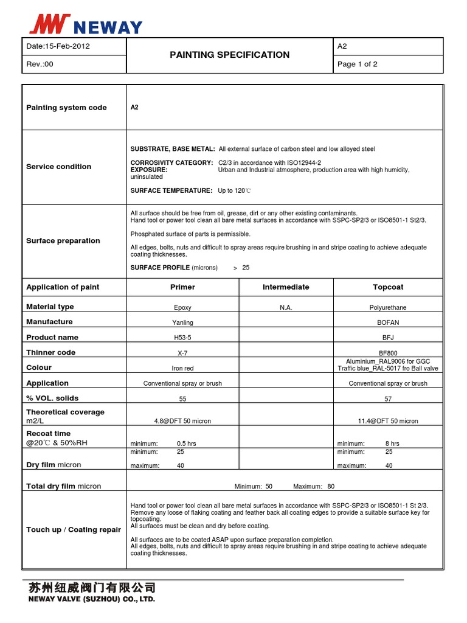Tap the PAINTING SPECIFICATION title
[x=229, y=55]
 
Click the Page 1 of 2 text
[x=357, y=64]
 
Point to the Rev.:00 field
[x=40, y=64]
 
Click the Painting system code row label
[x=66, y=108]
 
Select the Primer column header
[x=182, y=287]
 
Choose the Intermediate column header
[x=286, y=287]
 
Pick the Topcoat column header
[x=388, y=287]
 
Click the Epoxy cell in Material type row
[x=182, y=308]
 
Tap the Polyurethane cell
[x=388, y=308]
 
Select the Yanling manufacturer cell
[x=182, y=323]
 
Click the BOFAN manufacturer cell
[x=388, y=323]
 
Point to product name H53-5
[x=182, y=338]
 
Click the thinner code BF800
[x=388, y=353]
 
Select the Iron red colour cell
[x=182, y=369]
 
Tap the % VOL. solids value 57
[x=388, y=399]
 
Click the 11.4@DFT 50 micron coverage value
[x=388, y=421]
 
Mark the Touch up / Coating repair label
[x=74, y=530]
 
